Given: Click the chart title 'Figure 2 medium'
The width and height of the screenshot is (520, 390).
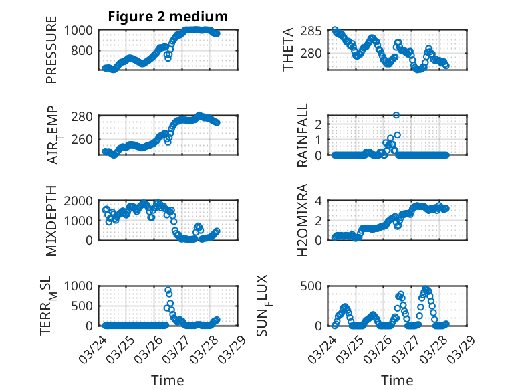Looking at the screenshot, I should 168,17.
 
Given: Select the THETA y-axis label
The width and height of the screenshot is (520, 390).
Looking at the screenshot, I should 288,50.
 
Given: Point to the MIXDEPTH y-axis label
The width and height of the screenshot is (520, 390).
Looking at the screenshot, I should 51,221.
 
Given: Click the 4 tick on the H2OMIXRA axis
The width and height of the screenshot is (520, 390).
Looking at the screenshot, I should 320,201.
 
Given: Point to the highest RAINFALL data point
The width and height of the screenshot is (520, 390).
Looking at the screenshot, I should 396,116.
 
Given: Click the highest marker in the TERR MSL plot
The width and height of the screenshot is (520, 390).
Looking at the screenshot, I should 168,290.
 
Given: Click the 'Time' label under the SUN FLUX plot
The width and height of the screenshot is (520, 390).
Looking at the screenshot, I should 397,380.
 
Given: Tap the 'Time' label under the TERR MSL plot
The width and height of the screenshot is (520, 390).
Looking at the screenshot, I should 168,380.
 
